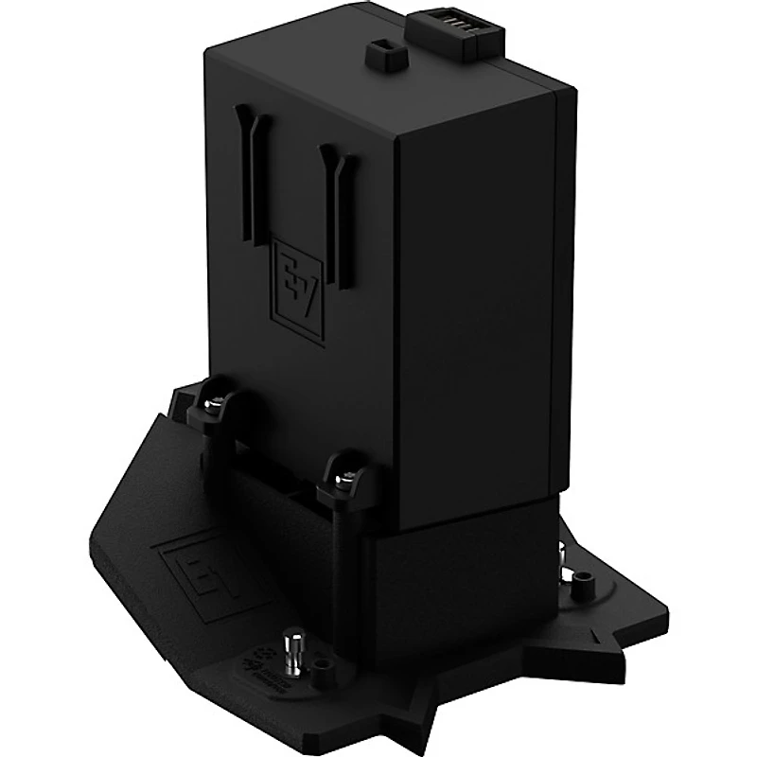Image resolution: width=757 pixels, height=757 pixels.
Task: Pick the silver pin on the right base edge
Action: coord(574,573)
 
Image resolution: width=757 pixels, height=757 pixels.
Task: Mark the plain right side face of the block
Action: coord(483,303)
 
